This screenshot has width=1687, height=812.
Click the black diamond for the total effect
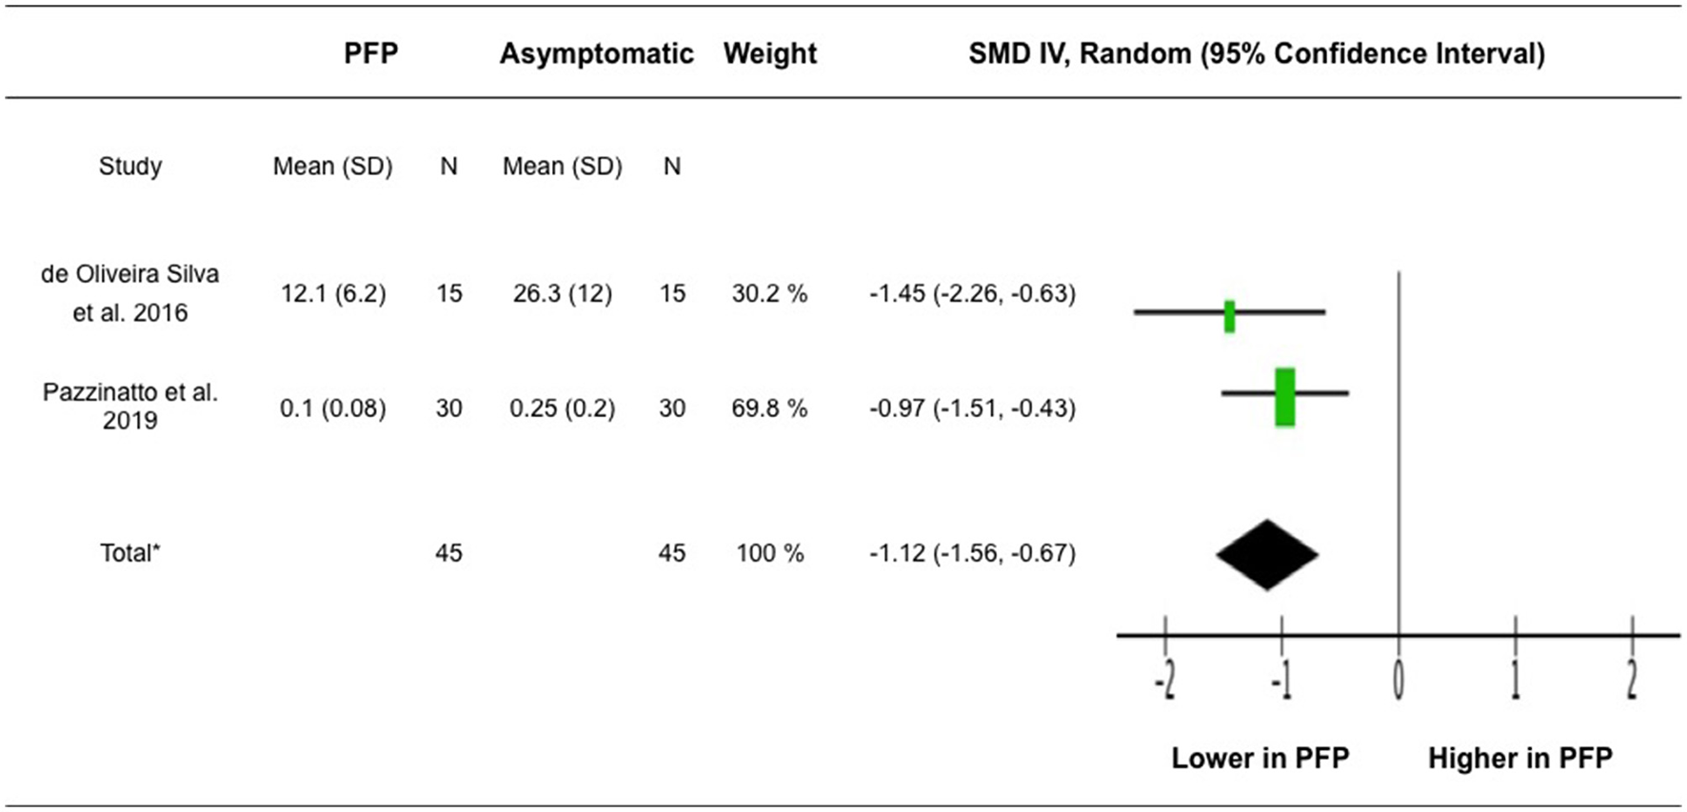pyautogui.click(x=1266, y=555)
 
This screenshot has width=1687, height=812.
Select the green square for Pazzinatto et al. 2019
pyautogui.click(x=1284, y=396)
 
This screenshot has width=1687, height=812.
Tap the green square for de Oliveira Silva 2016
pyautogui.click(x=1229, y=316)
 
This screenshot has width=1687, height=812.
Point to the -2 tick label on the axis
pyautogui.click(x=1165, y=680)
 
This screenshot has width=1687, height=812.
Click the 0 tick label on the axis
pyautogui.click(x=1398, y=680)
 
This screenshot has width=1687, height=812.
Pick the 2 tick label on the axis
pyautogui.click(x=1631, y=680)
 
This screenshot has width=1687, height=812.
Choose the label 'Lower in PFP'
pyautogui.click(x=1260, y=758)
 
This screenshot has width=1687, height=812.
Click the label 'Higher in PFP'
pyautogui.click(x=1519, y=758)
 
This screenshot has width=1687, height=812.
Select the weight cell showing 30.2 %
pyautogui.click(x=769, y=293)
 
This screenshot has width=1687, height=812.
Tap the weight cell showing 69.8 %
pyautogui.click(x=769, y=408)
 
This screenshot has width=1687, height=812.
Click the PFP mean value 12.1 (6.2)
pyautogui.click(x=333, y=293)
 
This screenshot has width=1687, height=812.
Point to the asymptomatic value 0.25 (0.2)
pyautogui.click(x=562, y=408)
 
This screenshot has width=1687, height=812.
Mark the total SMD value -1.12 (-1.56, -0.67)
pyautogui.click(x=972, y=553)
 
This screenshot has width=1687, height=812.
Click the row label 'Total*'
pyautogui.click(x=130, y=553)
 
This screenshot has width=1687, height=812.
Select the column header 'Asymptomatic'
pyautogui.click(x=596, y=53)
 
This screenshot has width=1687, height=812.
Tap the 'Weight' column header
pyautogui.click(x=769, y=53)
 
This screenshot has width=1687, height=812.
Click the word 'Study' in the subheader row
pyautogui.click(x=130, y=167)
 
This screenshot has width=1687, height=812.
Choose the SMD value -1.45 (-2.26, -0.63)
pyautogui.click(x=972, y=293)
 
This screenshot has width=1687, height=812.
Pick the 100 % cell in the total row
pyautogui.click(x=769, y=553)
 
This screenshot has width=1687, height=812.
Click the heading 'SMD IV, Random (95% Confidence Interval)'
pyautogui.click(x=1256, y=53)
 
